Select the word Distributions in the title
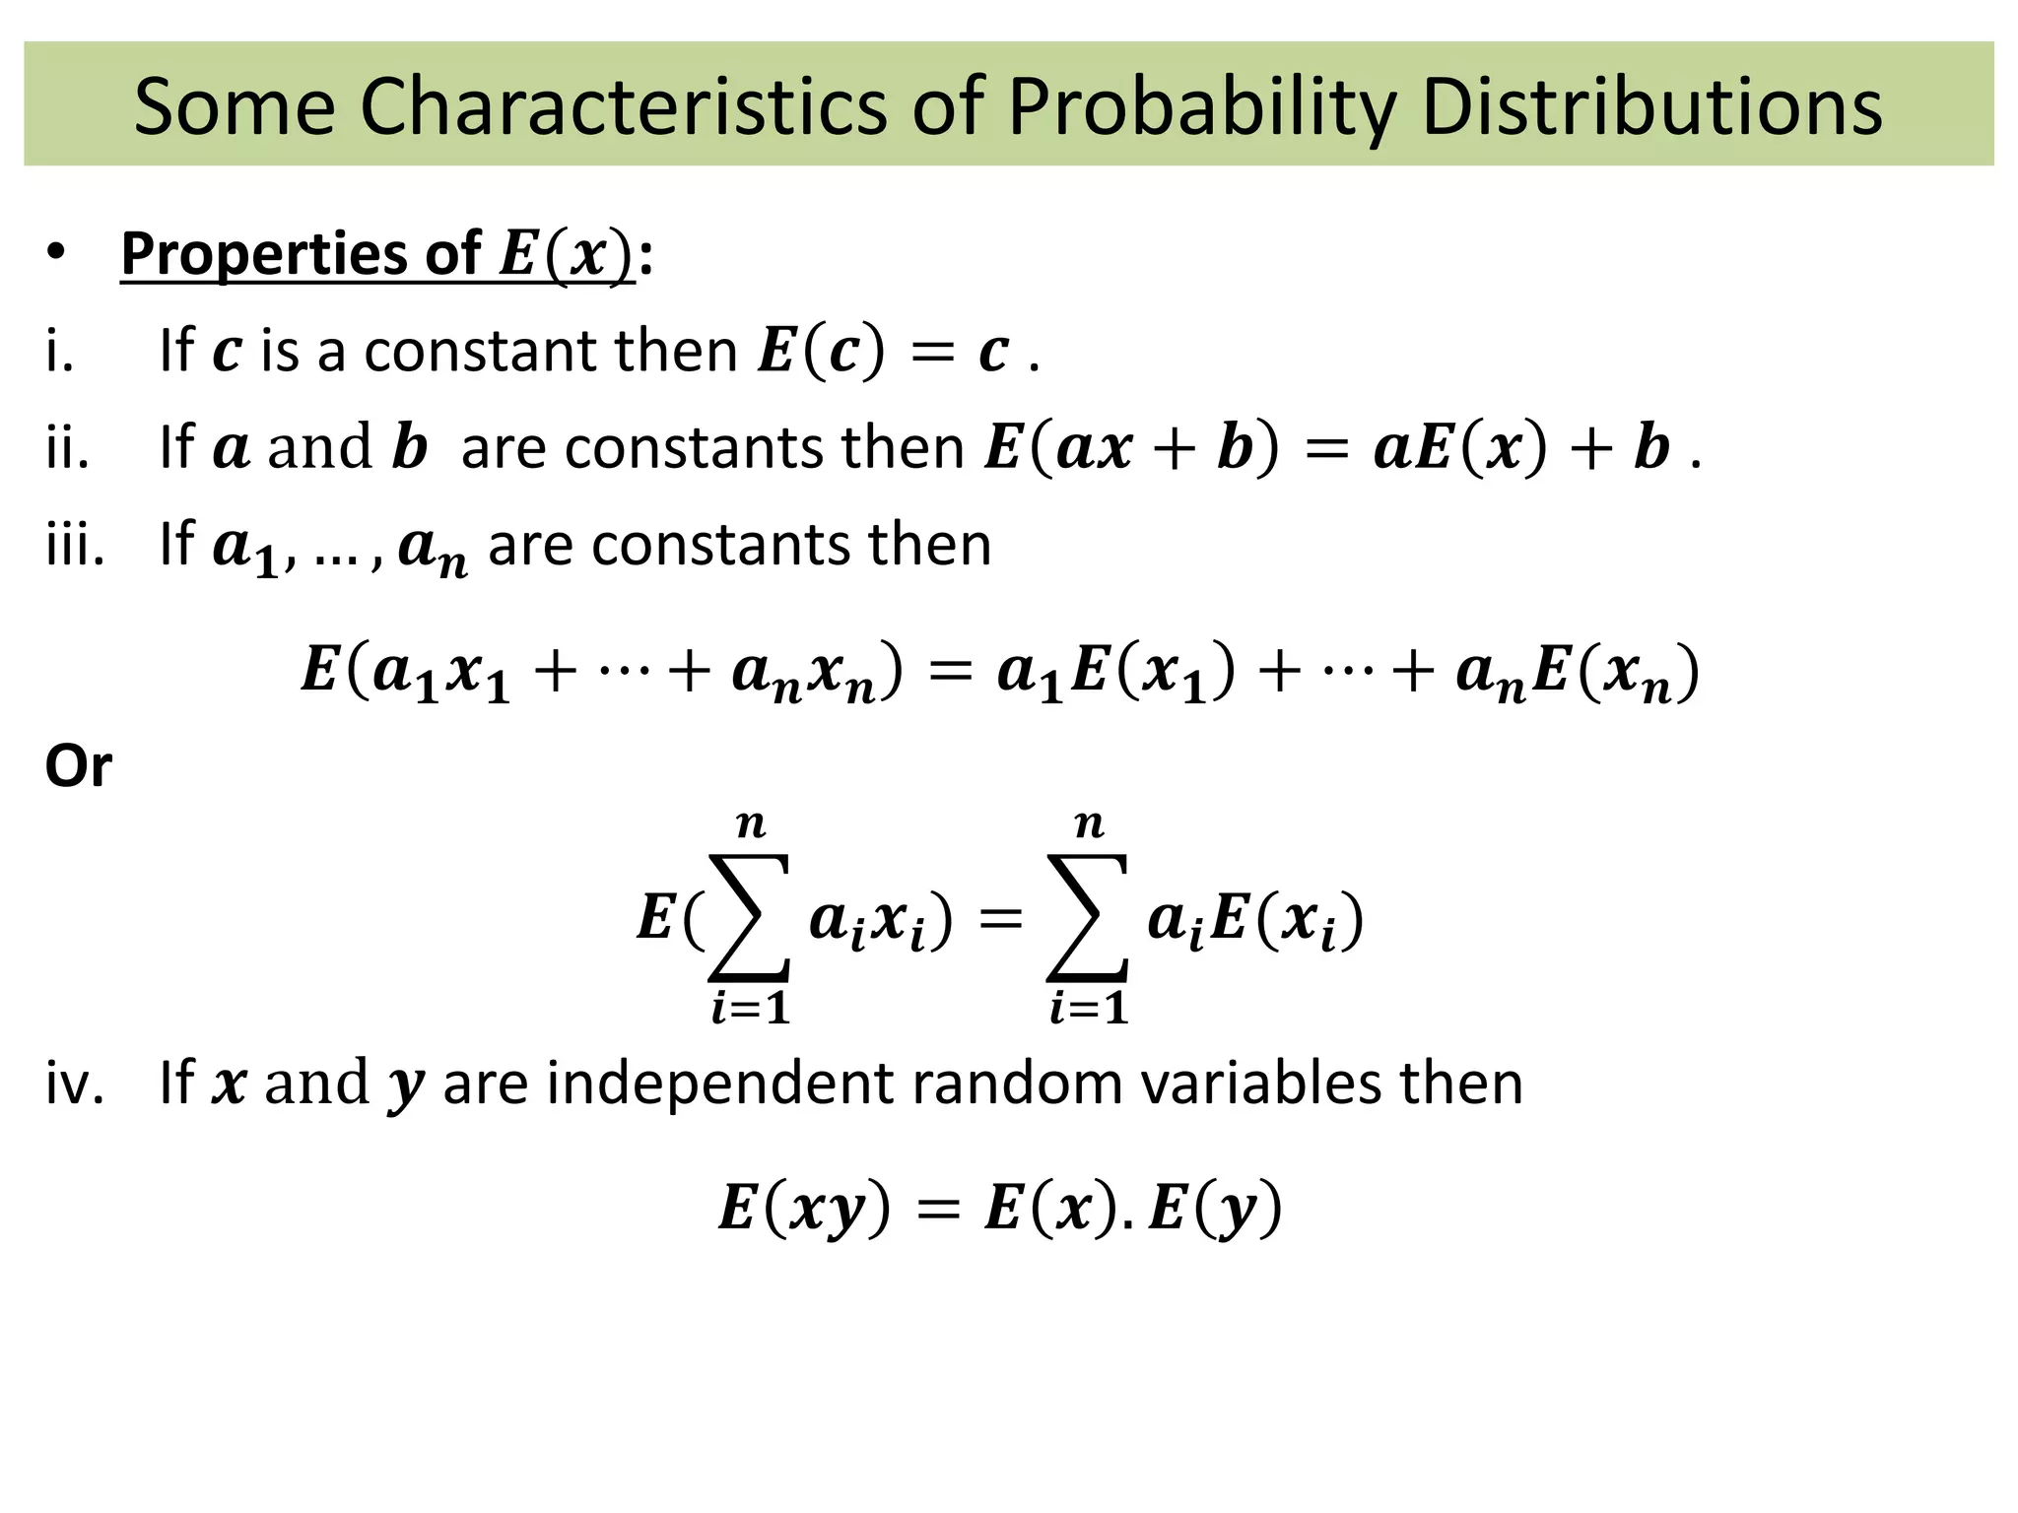click(1652, 105)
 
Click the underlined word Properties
click(263, 254)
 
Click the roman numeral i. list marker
click(59, 351)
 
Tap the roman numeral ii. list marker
click(67, 448)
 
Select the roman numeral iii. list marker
click(75, 544)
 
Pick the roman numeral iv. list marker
click(75, 1083)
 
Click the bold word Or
click(79, 765)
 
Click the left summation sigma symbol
click(749, 918)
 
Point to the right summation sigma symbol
click(1087, 918)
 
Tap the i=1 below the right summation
click(1088, 1009)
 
